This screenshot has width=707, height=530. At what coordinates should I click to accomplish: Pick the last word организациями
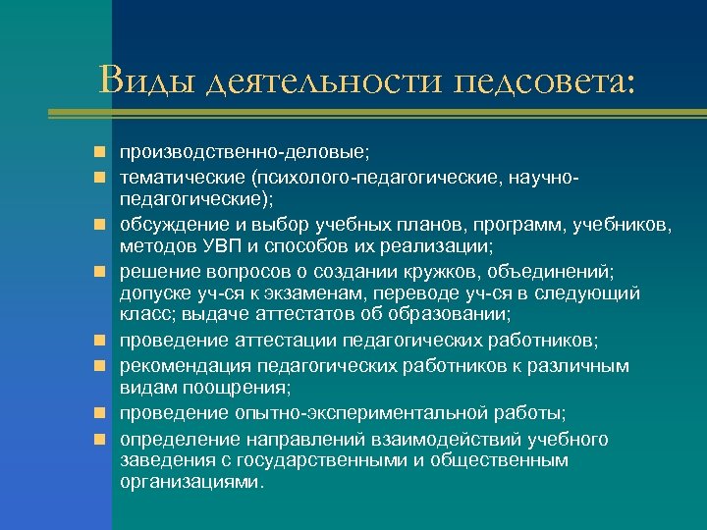(x=191, y=482)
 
